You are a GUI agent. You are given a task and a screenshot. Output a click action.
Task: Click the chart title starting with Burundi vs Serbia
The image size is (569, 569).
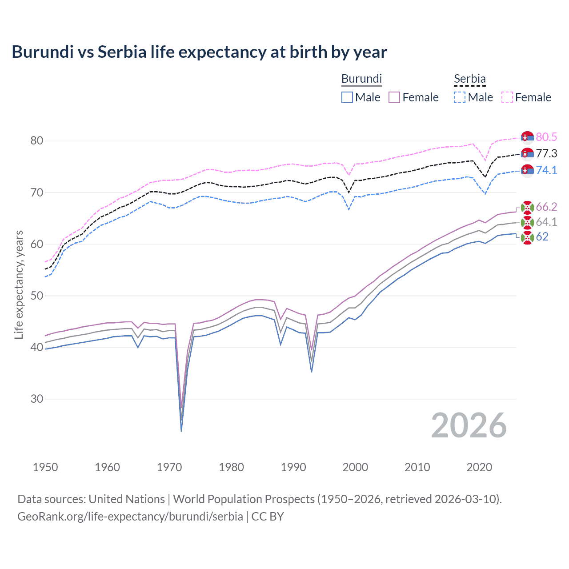pos(199,52)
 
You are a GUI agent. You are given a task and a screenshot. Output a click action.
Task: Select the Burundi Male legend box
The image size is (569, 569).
pos(347,97)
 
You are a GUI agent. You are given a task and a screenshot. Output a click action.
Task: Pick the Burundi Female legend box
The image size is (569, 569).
pos(394,97)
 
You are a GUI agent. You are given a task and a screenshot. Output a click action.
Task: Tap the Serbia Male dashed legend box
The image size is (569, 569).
pos(460,97)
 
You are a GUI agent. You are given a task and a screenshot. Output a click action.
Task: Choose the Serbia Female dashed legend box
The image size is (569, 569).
pos(507,97)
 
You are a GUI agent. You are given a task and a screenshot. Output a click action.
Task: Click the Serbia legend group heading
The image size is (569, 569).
pos(469,79)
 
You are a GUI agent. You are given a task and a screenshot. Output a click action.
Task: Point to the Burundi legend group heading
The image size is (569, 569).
pos(361,79)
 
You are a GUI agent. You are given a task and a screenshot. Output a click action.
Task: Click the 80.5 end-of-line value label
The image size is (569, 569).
pos(546,137)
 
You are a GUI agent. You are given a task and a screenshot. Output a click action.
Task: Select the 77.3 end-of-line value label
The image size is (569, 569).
pos(546,154)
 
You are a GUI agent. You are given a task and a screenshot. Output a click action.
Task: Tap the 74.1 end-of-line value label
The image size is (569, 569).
pos(546,171)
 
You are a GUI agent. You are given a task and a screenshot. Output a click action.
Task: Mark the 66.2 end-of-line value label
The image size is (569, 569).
pos(546,207)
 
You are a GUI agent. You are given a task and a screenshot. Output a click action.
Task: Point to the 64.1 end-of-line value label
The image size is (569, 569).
pos(546,222)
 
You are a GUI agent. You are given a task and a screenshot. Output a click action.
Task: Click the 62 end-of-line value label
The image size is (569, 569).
pos(542,237)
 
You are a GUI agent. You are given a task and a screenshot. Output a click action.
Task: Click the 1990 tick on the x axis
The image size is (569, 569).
pos(293,467)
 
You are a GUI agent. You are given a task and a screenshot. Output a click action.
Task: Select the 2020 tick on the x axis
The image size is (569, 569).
pos(479,467)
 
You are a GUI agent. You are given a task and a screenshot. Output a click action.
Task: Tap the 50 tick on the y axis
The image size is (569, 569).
pos(37,296)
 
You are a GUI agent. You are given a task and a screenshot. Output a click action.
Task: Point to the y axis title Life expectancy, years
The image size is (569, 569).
pos(19,284)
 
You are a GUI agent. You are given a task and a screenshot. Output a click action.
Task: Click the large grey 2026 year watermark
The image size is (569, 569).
pos(469,425)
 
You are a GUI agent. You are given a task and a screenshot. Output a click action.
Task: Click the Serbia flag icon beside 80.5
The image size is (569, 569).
pos(527,137)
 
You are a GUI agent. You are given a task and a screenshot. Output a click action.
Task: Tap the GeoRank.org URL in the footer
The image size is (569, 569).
pos(130,517)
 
